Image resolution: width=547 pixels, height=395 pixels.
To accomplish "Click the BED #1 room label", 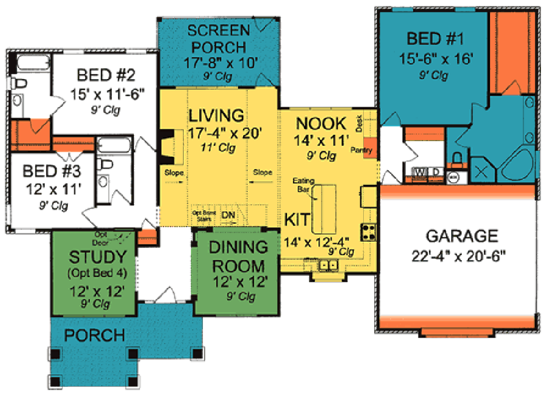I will click(435, 39).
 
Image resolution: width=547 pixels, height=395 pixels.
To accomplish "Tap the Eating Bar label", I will click(302, 185).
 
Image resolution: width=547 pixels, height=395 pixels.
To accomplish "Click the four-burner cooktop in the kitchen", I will click(368, 232).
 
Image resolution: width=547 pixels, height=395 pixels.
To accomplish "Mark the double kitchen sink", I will click(328, 265).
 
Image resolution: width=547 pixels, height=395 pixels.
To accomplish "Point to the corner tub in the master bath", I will click(519, 164).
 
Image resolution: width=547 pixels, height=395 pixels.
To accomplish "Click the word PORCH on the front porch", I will click(95, 335).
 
